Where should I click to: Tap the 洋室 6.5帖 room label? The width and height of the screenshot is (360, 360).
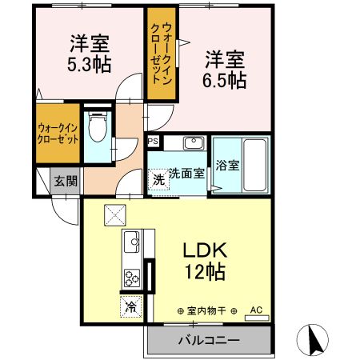225,70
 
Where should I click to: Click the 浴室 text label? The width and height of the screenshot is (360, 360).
228,166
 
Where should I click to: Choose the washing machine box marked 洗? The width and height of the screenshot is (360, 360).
158,179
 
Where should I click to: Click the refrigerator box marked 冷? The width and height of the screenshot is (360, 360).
130,306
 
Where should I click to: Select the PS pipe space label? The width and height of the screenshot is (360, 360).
154,142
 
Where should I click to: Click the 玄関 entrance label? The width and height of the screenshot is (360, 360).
66,181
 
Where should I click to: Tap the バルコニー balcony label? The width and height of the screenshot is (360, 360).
208,341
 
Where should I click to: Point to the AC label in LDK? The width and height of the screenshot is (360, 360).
257,309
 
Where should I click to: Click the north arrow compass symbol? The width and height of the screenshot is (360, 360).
313,340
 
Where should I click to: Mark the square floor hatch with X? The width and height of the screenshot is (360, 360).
115,214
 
